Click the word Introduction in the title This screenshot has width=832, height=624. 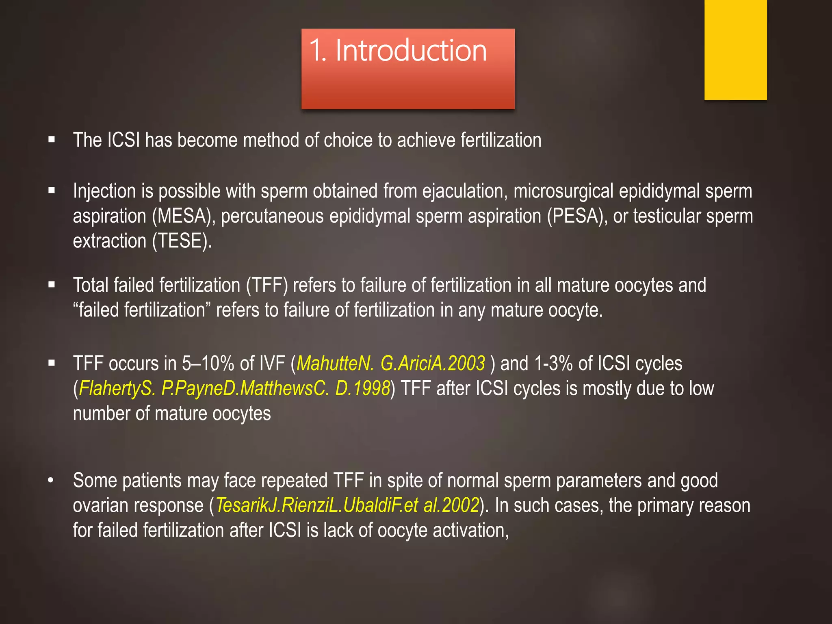click(411, 51)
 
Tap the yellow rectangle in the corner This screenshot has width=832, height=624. click(735, 50)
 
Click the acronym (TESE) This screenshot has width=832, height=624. click(182, 241)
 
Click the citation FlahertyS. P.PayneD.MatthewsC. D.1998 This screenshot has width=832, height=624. click(234, 389)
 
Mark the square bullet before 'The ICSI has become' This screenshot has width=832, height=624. click(52, 140)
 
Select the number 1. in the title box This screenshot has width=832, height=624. click(318, 51)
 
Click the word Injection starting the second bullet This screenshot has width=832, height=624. click(104, 191)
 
